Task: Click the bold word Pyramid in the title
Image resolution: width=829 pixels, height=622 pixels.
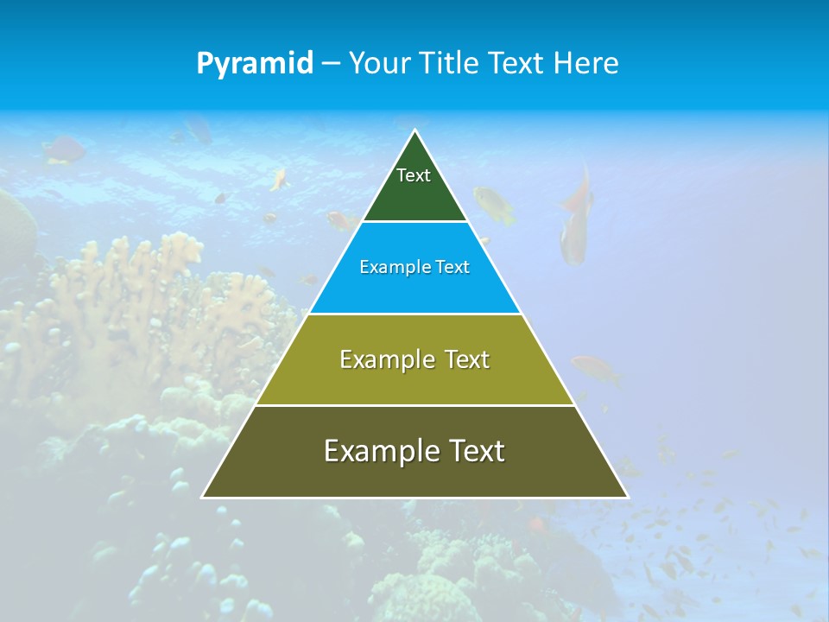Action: [x=255, y=64]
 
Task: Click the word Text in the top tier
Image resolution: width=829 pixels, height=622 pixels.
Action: [x=414, y=175]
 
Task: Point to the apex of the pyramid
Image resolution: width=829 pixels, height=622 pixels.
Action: [x=415, y=131]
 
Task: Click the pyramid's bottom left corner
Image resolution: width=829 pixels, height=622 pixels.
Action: [x=203, y=497]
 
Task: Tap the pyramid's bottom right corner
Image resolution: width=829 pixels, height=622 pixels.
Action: [x=627, y=497]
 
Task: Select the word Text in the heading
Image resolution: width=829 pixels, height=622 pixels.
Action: [x=517, y=64]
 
